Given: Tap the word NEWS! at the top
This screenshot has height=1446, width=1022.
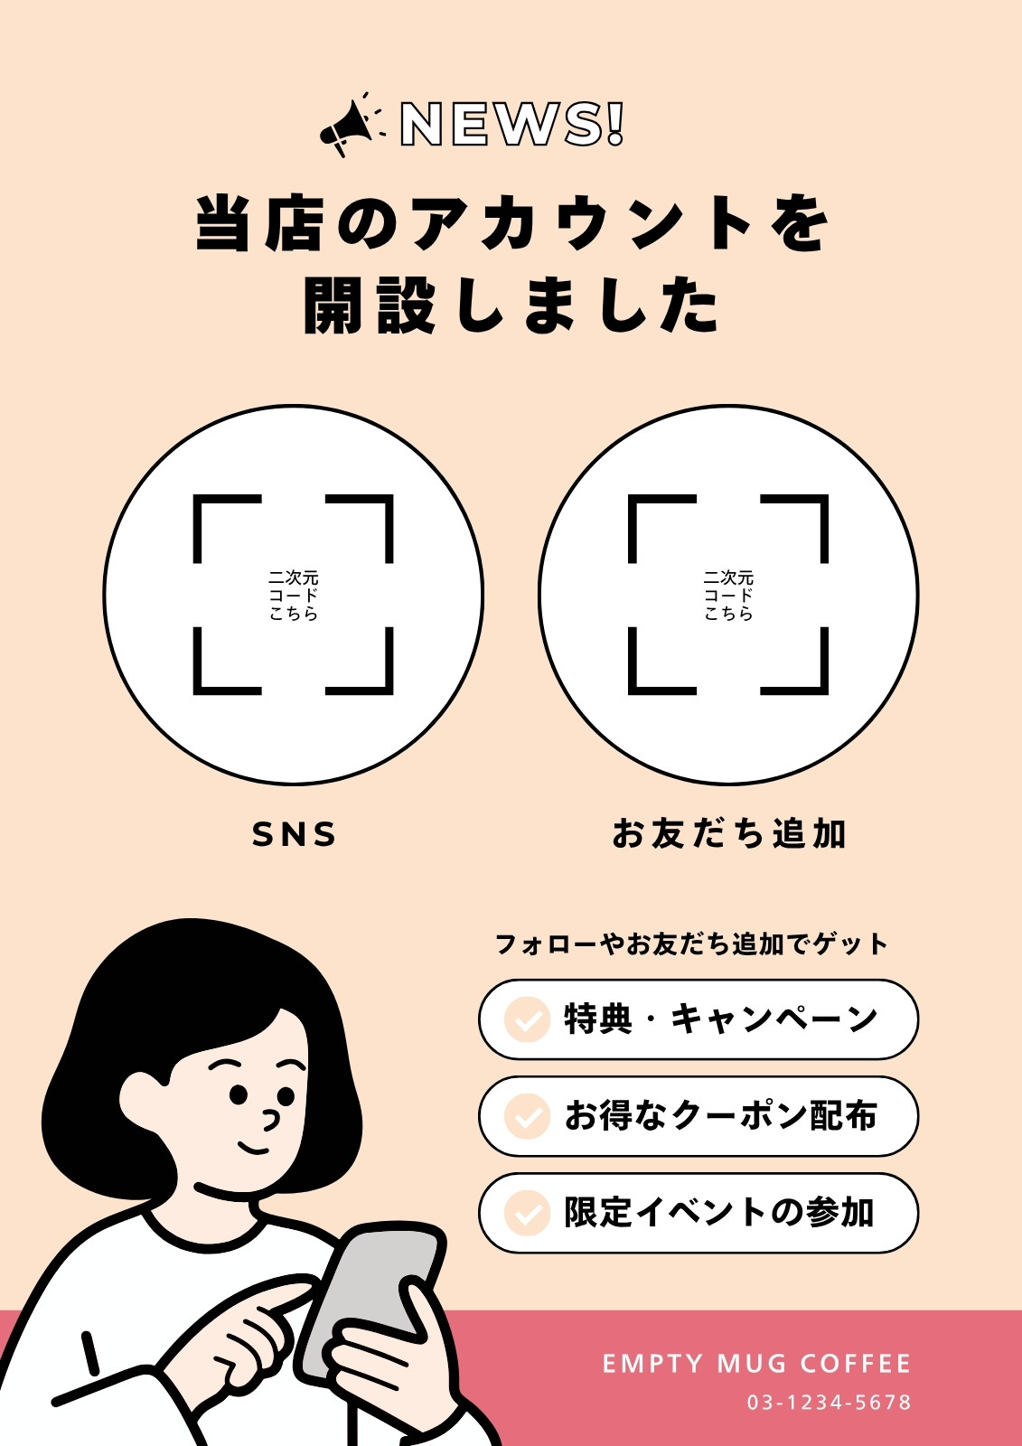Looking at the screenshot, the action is (x=512, y=123).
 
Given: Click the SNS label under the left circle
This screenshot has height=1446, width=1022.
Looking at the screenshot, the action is (x=294, y=834).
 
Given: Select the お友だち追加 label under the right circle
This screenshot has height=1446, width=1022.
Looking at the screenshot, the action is (x=729, y=833).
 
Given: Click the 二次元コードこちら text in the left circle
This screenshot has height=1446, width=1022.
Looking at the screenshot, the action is (x=294, y=596).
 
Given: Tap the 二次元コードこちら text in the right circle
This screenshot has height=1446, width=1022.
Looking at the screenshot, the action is (x=729, y=596).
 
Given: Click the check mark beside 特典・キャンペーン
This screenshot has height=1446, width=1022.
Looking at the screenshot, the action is (x=527, y=1019).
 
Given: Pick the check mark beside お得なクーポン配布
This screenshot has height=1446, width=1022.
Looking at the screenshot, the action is (x=527, y=1116).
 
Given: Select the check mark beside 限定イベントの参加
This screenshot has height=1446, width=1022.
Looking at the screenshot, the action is (x=527, y=1213).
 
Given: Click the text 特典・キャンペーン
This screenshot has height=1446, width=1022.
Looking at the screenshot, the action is (x=721, y=1019).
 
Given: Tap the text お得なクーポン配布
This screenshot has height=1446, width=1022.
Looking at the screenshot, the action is (x=721, y=1116).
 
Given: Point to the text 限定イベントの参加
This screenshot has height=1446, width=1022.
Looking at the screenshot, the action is (x=720, y=1213).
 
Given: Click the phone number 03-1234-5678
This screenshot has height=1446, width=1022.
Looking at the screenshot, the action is (x=830, y=1403).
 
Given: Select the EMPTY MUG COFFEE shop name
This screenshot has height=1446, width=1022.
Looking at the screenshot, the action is (x=756, y=1364).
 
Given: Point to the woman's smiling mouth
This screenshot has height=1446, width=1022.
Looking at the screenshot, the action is (x=253, y=1149).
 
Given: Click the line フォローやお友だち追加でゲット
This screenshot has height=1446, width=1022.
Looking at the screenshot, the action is (x=691, y=944).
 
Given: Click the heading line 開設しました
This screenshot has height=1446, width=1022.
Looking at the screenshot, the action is (x=511, y=305).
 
